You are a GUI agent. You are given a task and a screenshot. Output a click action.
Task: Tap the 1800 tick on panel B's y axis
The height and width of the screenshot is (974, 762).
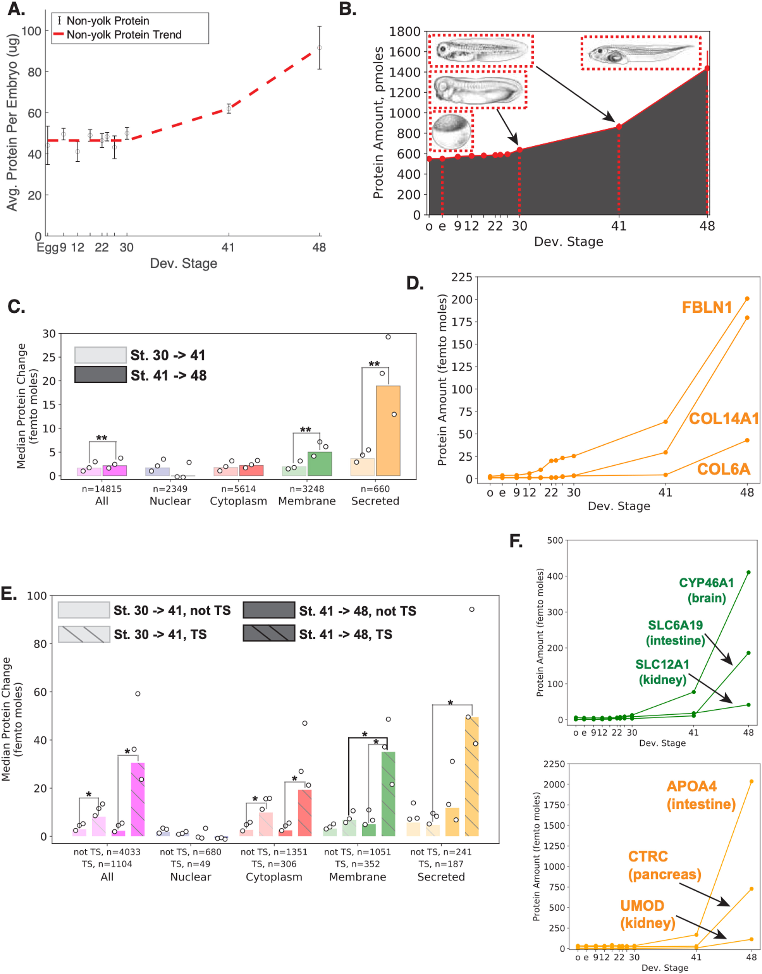click(405, 32)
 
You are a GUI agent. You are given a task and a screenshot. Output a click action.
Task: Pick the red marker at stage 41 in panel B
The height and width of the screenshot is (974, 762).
click(619, 127)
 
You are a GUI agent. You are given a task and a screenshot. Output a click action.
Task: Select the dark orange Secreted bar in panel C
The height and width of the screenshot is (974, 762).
click(388, 431)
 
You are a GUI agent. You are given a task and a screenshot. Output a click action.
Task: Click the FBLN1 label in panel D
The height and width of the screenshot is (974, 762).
click(707, 307)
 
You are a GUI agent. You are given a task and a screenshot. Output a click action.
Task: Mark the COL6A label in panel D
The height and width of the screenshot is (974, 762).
click(723, 469)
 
